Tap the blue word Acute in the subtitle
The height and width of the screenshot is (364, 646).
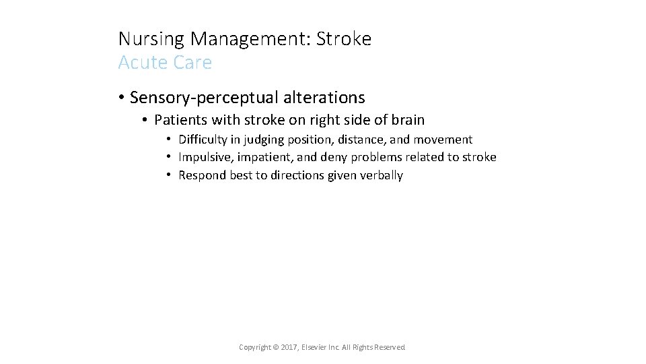[x=139, y=63]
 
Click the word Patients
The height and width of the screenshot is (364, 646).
[x=179, y=121]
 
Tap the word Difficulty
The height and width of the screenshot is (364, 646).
[x=203, y=140]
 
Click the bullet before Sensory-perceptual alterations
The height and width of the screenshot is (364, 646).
[x=121, y=98]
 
